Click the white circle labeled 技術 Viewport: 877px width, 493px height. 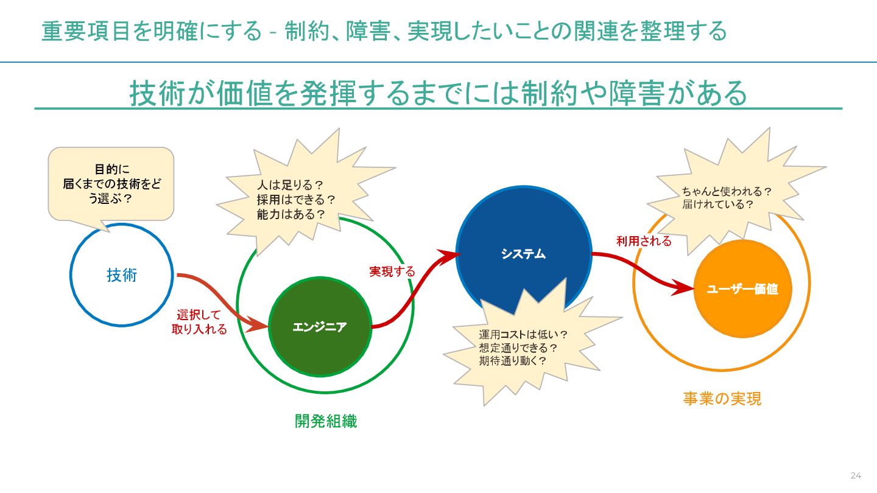(x=122, y=275)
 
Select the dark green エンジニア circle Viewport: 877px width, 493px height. (x=320, y=327)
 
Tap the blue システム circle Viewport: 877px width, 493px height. (x=524, y=254)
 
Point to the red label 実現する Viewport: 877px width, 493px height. (x=392, y=271)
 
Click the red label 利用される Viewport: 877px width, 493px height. (x=644, y=241)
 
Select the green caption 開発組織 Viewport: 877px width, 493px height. (x=326, y=421)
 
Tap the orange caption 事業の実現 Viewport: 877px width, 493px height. (x=722, y=399)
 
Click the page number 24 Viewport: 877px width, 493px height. (x=856, y=475)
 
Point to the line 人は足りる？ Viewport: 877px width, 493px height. (x=289, y=184)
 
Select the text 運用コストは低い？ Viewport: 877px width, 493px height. (x=523, y=334)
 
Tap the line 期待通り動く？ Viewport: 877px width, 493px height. (x=512, y=360)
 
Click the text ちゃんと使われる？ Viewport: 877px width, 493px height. (x=727, y=191)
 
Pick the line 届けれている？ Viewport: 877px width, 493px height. (x=718, y=205)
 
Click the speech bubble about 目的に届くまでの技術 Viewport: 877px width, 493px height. (x=111, y=183)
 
